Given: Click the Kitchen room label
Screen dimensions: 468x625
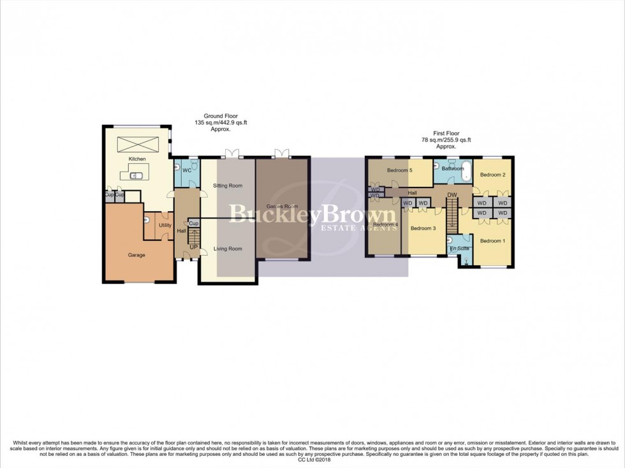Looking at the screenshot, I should pyautogui.click(x=137, y=159).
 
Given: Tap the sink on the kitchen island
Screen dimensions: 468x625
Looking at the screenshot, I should pyautogui.click(x=135, y=175).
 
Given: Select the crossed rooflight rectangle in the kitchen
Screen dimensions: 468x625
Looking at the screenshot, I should pyautogui.click(x=137, y=142).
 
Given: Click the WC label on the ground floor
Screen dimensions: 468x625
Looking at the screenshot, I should pyautogui.click(x=187, y=171).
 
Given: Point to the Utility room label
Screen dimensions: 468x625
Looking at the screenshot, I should pyautogui.click(x=165, y=225).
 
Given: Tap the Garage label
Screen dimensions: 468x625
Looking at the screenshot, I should pyautogui.click(x=136, y=255).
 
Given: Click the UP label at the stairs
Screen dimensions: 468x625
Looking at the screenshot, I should pyautogui.click(x=193, y=246).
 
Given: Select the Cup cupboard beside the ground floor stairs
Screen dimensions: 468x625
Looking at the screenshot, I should pyautogui.click(x=194, y=224).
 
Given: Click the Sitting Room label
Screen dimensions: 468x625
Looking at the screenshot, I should pyautogui.click(x=228, y=186).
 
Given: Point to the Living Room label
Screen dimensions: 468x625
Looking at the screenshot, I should pyautogui.click(x=228, y=249).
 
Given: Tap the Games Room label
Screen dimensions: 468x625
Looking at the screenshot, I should pyautogui.click(x=282, y=207).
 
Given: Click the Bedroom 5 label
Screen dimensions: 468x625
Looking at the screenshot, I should pyautogui.click(x=401, y=170).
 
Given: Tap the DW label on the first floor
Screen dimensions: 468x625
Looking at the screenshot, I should pyautogui.click(x=452, y=196).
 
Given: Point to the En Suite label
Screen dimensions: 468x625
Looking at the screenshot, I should pyautogui.click(x=459, y=248).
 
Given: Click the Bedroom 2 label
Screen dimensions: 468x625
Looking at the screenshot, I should pyautogui.click(x=492, y=175).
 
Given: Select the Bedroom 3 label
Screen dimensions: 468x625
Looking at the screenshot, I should pyautogui.click(x=423, y=228).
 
